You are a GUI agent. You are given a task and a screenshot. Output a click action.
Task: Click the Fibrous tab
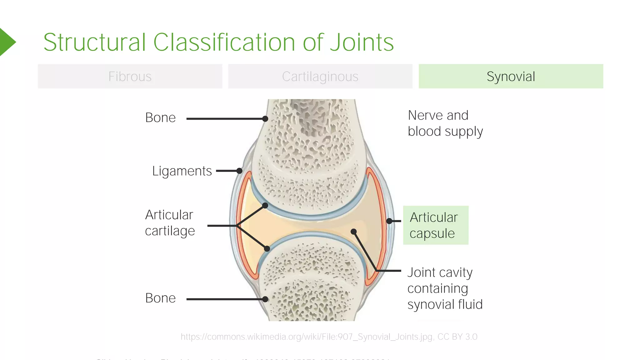(130, 76)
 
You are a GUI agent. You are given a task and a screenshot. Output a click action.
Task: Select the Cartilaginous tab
(320, 76)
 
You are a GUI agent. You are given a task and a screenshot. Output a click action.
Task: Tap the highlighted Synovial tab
(511, 76)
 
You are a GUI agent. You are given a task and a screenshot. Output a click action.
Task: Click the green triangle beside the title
(7, 42)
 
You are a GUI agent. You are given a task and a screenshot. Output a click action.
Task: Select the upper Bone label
(160, 118)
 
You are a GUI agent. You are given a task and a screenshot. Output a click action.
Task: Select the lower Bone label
(160, 298)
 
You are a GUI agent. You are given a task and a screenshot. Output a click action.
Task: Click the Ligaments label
(182, 171)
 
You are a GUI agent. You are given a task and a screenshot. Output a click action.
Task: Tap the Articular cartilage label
(170, 223)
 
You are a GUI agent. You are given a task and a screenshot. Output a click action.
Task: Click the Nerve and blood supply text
(445, 123)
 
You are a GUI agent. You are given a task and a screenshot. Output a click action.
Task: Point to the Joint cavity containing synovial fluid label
(445, 288)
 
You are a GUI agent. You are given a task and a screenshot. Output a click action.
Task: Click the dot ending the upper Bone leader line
(265, 119)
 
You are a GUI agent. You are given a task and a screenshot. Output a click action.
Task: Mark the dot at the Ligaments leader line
(239, 171)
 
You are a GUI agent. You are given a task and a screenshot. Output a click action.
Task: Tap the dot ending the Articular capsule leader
(389, 221)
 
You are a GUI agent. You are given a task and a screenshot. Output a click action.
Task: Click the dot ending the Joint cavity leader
(353, 232)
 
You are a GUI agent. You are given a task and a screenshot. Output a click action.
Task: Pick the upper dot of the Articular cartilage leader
(265, 205)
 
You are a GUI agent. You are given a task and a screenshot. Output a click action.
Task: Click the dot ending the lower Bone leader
(265, 299)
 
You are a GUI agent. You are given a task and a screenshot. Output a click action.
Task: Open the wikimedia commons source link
(329, 337)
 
